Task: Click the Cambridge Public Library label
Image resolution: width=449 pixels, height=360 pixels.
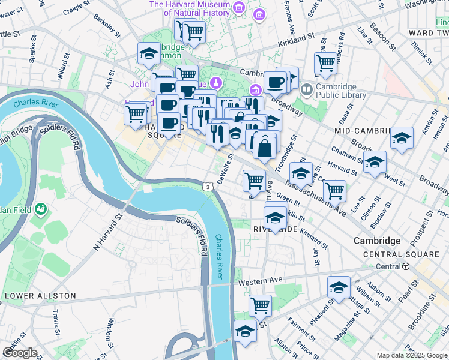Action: tap(340, 91)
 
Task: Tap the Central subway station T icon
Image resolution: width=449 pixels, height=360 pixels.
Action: tap(406, 266)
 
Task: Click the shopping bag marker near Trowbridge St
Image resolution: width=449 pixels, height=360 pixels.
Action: tap(265, 146)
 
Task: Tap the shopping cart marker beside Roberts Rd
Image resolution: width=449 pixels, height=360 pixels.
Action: tap(325, 63)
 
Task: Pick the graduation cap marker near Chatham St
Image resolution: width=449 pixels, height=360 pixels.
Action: tap(375, 161)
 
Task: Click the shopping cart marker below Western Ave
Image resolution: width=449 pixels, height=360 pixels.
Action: tap(260, 305)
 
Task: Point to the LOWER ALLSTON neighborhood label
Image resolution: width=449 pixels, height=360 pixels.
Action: tap(40, 296)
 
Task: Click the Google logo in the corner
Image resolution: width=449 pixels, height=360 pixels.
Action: tap(19, 353)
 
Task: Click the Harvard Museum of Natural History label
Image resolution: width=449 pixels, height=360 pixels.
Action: tap(190, 8)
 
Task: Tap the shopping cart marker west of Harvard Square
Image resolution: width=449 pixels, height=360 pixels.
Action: tap(136, 113)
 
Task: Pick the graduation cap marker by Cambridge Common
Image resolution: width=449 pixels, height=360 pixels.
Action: tap(149, 54)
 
